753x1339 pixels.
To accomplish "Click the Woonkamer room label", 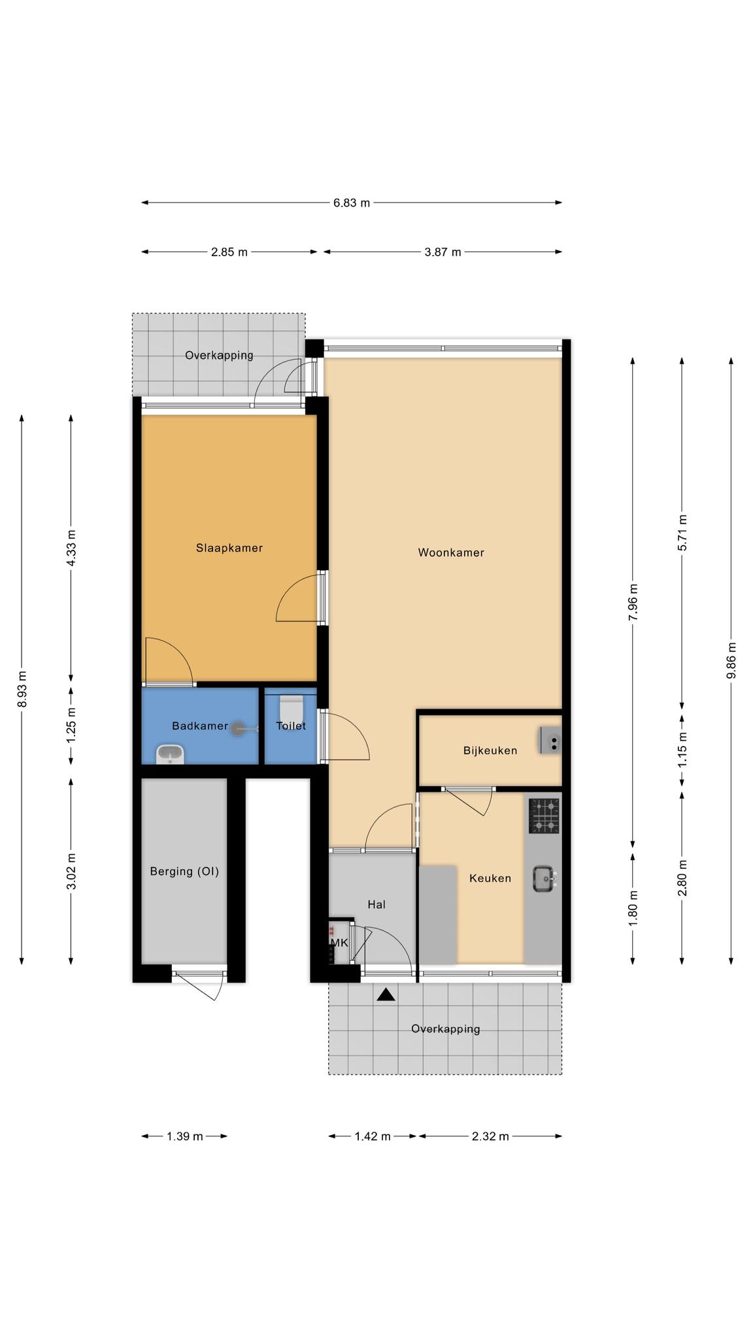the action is (x=451, y=552).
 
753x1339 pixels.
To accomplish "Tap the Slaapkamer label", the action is (x=229, y=548).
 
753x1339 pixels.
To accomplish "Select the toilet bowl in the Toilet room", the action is (x=291, y=707).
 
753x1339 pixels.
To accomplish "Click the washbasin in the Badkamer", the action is (x=171, y=754).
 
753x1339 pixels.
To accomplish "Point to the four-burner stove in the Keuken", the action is (x=544, y=816).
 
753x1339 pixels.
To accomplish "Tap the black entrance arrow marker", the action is (x=386, y=994).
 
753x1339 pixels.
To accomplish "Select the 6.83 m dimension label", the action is (x=352, y=203).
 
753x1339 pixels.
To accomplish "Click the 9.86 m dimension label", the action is (x=731, y=660).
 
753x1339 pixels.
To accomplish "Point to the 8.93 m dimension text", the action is (x=22, y=689).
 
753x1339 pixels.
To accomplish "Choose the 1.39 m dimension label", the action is (x=185, y=1136).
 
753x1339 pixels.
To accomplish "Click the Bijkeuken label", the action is (x=490, y=751).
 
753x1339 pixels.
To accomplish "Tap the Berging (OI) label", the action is (x=184, y=871).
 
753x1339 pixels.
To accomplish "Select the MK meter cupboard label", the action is (x=339, y=943).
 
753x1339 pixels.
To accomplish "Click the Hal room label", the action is (x=376, y=904).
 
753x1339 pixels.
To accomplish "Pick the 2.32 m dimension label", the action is (x=490, y=1136).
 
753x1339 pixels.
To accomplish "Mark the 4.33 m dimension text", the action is (x=71, y=549).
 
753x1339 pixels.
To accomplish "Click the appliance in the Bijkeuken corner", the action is (x=550, y=741).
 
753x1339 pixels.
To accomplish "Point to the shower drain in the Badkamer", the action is (x=238, y=727).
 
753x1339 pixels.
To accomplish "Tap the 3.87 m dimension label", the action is (x=443, y=252).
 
